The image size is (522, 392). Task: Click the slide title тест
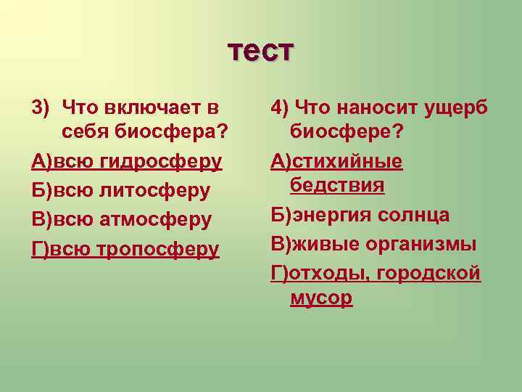(261, 50)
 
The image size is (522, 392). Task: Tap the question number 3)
(40, 108)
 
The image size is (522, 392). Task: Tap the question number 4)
(281, 108)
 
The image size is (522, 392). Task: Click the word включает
(151, 108)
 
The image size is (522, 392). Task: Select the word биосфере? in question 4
(347, 132)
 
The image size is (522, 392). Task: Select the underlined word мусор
(321, 298)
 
